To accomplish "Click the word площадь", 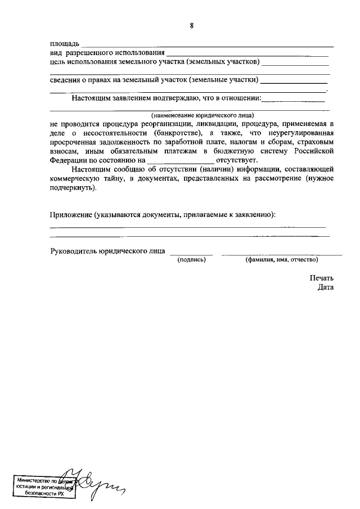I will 65,44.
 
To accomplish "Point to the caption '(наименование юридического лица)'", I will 191,114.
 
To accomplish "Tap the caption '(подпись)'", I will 192,260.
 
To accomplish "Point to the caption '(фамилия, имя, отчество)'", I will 281,260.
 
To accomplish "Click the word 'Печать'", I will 321,278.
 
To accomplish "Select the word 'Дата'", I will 325,287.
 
